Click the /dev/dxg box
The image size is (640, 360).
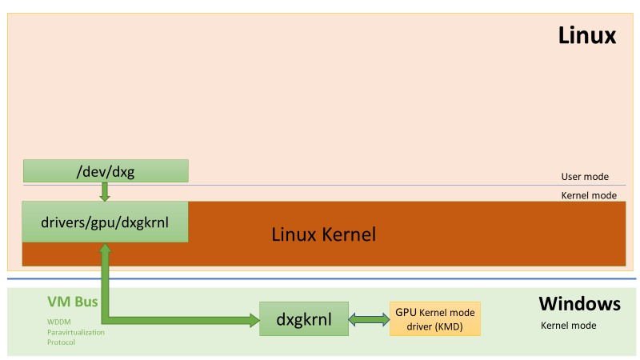[x=106, y=170]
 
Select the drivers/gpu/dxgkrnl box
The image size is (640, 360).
[x=105, y=222]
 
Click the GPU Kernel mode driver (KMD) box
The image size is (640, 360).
[x=435, y=318]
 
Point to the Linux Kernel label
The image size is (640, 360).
[x=323, y=234]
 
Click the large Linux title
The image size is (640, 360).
[x=586, y=35]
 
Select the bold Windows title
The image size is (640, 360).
[x=579, y=304]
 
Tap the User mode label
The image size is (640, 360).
[x=585, y=177]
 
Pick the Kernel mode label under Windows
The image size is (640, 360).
[x=569, y=326]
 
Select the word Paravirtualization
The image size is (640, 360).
[x=75, y=332]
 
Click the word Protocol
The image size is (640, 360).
[x=61, y=342]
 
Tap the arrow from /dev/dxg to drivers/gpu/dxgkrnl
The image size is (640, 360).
[x=105, y=191]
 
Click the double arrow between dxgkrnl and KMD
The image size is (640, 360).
[x=368, y=319]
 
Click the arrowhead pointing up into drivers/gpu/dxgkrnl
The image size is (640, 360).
[x=105, y=249]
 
